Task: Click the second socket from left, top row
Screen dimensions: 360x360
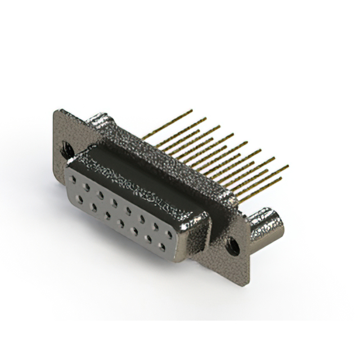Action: coord(87,183)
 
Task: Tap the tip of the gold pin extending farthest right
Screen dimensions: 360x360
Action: coord(287,166)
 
